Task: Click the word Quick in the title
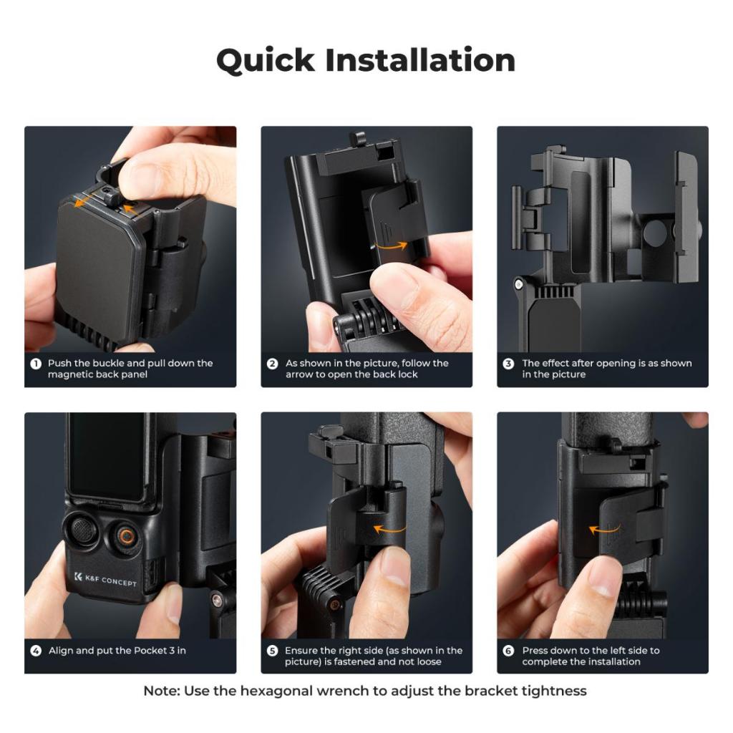(x=266, y=61)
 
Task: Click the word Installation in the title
(x=420, y=60)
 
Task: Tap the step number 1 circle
(x=36, y=364)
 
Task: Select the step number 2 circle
(x=272, y=364)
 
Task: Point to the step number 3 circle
(x=508, y=364)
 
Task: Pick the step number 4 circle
(x=36, y=651)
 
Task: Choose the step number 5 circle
(x=272, y=651)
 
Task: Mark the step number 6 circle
(x=508, y=651)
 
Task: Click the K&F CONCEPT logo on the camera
(x=106, y=580)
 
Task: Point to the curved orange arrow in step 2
(x=392, y=246)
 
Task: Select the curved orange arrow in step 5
(x=389, y=530)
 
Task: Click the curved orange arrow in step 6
(x=604, y=530)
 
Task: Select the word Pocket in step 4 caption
(x=151, y=651)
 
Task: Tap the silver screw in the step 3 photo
(x=518, y=284)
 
